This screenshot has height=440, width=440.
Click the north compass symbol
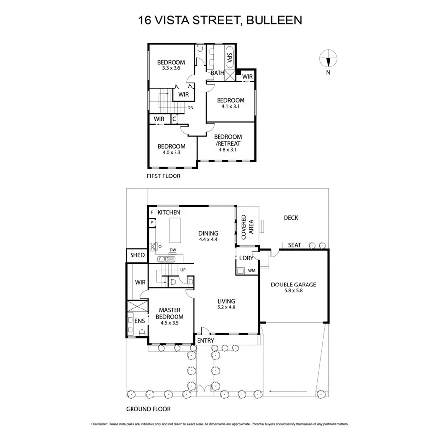pyautogui.click(x=328, y=60)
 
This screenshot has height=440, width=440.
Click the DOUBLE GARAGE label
pyautogui.click(x=293, y=285)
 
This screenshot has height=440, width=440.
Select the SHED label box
pyautogui.click(x=137, y=255)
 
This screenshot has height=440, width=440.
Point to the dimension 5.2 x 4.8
pyautogui.click(x=226, y=308)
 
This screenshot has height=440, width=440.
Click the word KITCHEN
pyautogui.click(x=169, y=212)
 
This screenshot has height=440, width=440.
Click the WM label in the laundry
pyautogui.click(x=252, y=270)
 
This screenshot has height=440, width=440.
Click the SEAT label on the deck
pyautogui.click(x=294, y=245)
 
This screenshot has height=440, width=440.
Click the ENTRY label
pyautogui.click(x=205, y=340)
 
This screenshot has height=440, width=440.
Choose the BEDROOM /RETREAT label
pyautogui.click(x=228, y=140)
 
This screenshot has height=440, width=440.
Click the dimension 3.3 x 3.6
pyautogui.click(x=171, y=68)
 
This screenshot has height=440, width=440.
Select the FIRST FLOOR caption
pyautogui.click(x=164, y=176)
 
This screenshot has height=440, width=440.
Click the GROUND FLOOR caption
pyautogui.click(x=148, y=409)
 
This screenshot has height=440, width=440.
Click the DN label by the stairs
pyautogui.click(x=190, y=108)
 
